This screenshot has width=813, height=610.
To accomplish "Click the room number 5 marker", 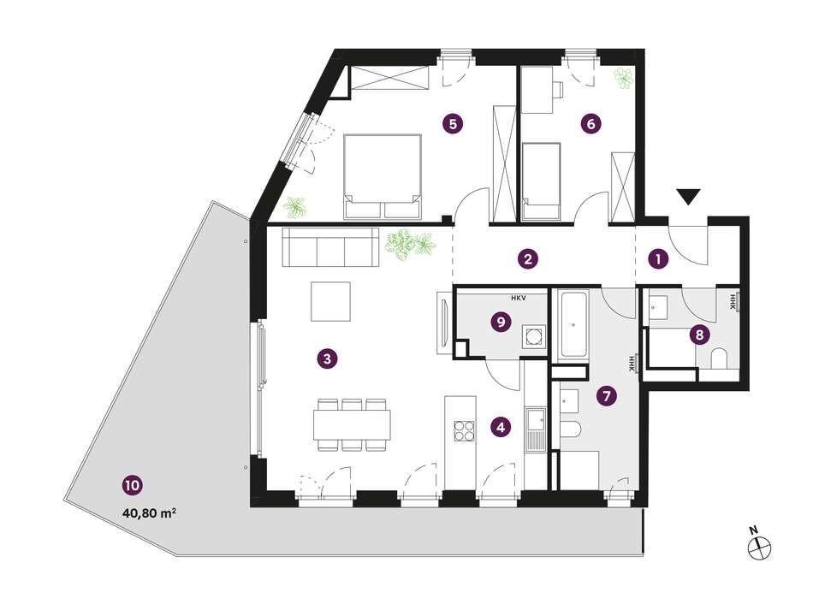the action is (x=452, y=124).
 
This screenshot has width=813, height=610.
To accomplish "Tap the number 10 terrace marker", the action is (x=132, y=486).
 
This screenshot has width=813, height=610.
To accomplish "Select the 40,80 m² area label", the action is (x=148, y=513).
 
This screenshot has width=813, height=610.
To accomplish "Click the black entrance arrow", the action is (x=688, y=196).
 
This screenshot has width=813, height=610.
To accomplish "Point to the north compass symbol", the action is (x=760, y=547).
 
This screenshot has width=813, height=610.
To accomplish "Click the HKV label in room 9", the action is (x=518, y=298).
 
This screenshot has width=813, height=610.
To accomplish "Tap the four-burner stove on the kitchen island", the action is (x=465, y=430).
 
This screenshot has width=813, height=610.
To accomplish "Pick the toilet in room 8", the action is (x=719, y=358).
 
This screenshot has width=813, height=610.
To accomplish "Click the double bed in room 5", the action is (x=383, y=175).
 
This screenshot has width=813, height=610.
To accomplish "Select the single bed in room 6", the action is (x=541, y=181).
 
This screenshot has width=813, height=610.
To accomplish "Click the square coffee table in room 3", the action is (x=331, y=301).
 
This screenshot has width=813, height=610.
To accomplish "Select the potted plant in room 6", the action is (x=624, y=78).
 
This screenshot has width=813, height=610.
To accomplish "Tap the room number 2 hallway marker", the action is (x=528, y=258).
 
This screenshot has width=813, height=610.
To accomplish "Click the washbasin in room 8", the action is (x=657, y=306).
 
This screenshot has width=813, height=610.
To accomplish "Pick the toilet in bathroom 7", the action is (x=570, y=429).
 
